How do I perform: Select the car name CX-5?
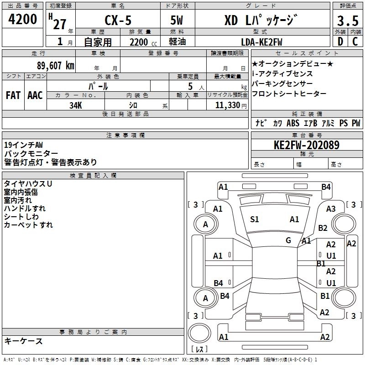(x=117, y=20)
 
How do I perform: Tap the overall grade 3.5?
(x=347, y=21)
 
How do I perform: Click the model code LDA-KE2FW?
(x=261, y=42)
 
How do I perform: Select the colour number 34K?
(x=76, y=104)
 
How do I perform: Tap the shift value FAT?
(x=13, y=95)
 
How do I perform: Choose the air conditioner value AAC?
(x=35, y=95)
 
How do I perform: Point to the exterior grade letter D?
(x=340, y=42)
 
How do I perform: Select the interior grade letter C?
(x=355, y=42)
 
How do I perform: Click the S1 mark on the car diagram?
(x=255, y=219)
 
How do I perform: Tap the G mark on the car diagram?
(x=288, y=240)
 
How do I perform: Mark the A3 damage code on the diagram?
(x=331, y=209)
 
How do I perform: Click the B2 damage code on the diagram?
(x=323, y=228)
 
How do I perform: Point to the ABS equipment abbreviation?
(x=292, y=123)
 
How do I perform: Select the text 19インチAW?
(x=23, y=145)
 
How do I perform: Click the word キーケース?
(x=23, y=341)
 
